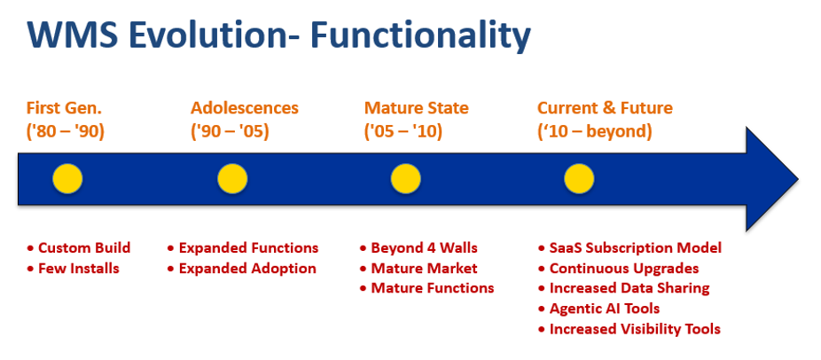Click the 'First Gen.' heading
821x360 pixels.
click(x=64, y=108)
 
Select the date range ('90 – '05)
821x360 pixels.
click(x=230, y=131)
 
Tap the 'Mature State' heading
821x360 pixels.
click(x=416, y=108)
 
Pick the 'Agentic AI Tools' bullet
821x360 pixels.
click(x=604, y=309)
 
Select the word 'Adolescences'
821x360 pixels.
click(x=245, y=108)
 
